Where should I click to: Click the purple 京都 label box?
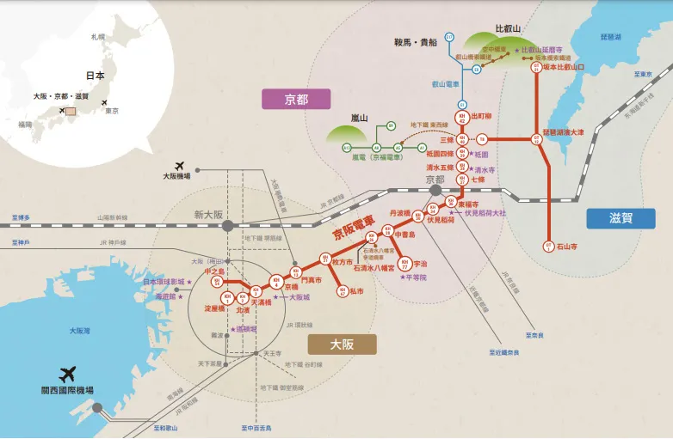coord(296,99)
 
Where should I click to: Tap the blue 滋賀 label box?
coord(621,218)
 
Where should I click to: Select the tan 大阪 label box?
coord(342,344)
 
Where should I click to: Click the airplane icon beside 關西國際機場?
coord(68,374)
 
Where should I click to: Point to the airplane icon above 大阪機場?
coord(179,166)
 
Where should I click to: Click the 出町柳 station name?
coord(483,116)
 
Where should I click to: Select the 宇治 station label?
coord(420,264)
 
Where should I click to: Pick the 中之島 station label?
coord(214,271)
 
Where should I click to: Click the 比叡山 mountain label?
coord(508,29)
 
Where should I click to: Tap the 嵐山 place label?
coord(359,118)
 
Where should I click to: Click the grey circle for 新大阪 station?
coord(227,226)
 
